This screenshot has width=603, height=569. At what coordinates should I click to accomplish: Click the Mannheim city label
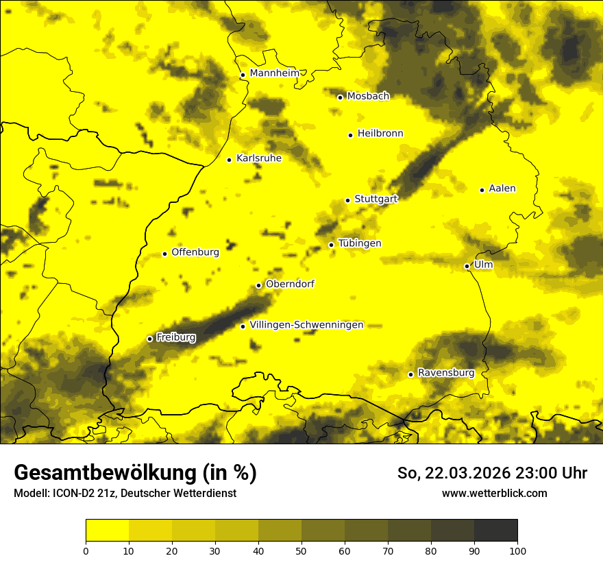coord(275,73)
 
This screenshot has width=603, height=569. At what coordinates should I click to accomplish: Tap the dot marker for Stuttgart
coord(347,200)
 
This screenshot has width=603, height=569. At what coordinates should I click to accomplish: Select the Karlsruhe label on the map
coord(258,158)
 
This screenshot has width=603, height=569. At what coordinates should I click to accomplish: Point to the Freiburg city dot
coord(149,339)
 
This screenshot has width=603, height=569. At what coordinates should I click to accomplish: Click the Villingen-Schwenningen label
coord(306,325)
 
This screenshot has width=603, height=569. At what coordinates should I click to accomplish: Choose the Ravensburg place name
coord(445,373)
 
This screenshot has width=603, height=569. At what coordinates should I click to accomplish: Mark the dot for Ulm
coord(467,266)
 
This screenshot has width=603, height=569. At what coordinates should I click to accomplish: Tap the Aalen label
coord(502,189)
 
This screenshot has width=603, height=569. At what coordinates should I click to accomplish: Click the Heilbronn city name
coord(380,134)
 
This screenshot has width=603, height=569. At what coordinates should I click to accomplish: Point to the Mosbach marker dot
coord(340,97)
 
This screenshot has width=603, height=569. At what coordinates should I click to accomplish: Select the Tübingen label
coord(360,243)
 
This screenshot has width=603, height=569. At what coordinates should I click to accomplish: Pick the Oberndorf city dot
coord(258,285)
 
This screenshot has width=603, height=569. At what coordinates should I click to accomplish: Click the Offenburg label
coord(195,252)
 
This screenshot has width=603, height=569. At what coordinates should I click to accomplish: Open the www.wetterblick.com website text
coord(494,493)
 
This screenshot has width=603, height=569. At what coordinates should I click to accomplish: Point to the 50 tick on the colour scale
coord(301,550)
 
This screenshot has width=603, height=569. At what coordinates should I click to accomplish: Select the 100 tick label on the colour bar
coord(517,550)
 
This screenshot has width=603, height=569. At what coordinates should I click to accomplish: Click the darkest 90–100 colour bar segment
coord(495,531)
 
